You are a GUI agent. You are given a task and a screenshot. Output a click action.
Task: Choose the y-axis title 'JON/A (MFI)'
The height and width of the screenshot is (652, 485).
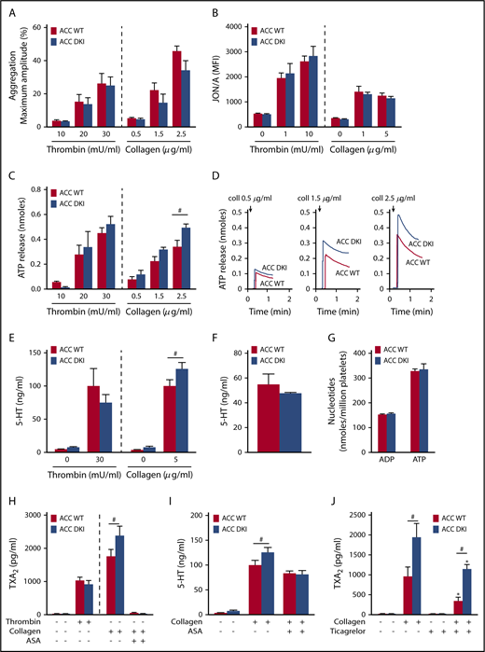260,71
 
